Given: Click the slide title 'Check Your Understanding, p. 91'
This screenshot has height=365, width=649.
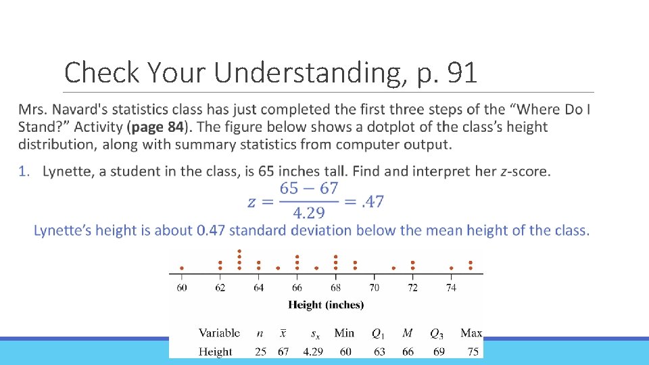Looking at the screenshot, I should [270, 72].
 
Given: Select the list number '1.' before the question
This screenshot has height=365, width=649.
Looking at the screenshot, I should [24, 171].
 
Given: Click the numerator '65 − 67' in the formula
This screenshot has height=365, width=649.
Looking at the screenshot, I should [309, 189].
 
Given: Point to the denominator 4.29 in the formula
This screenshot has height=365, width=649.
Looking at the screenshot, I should [309, 213].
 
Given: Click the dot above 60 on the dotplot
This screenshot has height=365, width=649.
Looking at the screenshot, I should [182, 268].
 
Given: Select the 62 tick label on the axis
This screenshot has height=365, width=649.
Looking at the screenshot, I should [220, 287].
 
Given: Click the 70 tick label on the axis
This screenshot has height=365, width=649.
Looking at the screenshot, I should [375, 287].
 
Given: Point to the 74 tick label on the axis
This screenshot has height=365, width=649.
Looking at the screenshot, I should [451, 287].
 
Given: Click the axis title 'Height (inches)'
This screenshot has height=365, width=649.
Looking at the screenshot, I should [326, 305].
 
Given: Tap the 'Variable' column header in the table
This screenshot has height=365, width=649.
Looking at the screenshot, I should [219, 333].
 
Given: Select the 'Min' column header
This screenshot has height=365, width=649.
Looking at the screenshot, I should [344, 333].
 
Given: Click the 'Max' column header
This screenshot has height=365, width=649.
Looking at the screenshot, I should [471, 333].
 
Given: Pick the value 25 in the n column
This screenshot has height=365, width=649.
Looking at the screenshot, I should [260, 351].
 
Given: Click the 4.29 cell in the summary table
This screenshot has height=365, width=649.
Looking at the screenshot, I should [314, 351].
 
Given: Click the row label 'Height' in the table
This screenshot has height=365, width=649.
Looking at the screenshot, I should [216, 351].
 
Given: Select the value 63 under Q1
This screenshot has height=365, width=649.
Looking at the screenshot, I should [379, 351].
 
